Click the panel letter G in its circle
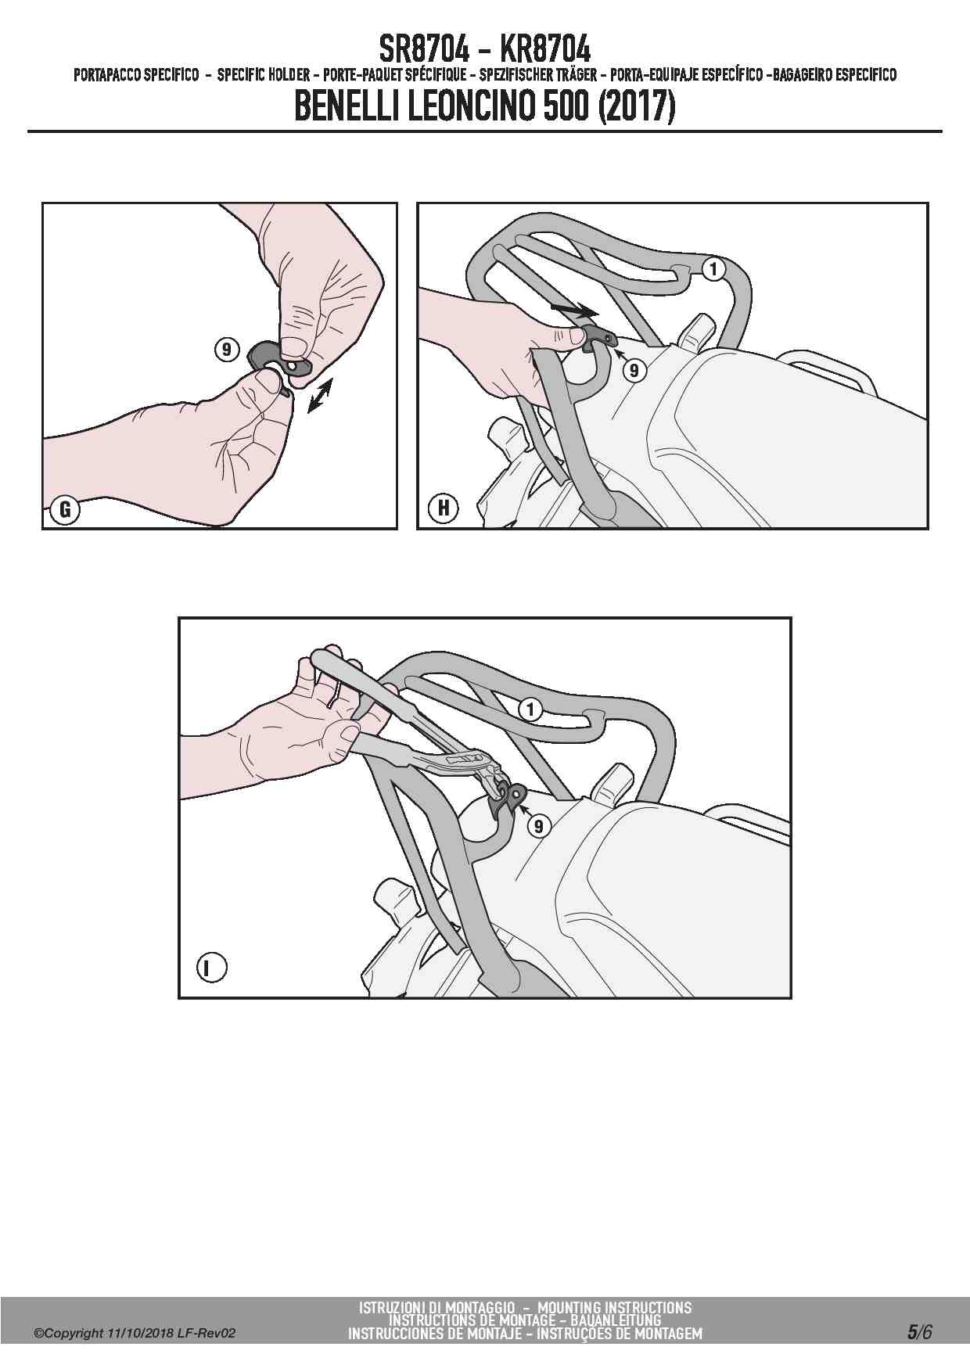[x=65, y=511]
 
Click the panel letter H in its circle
[x=444, y=509]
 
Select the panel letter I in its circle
[x=210, y=968]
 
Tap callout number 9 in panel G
[x=226, y=350]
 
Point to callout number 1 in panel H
[x=713, y=269]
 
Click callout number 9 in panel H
[x=634, y=370]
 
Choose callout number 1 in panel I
[x=530, y=709]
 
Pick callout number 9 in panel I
[x=538, y=825]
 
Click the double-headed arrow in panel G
[x=320, y=394]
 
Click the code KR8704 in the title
[x=544, y=50]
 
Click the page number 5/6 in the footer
[x=919, y=1331]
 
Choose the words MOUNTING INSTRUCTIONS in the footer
[x=614, y=1307]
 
